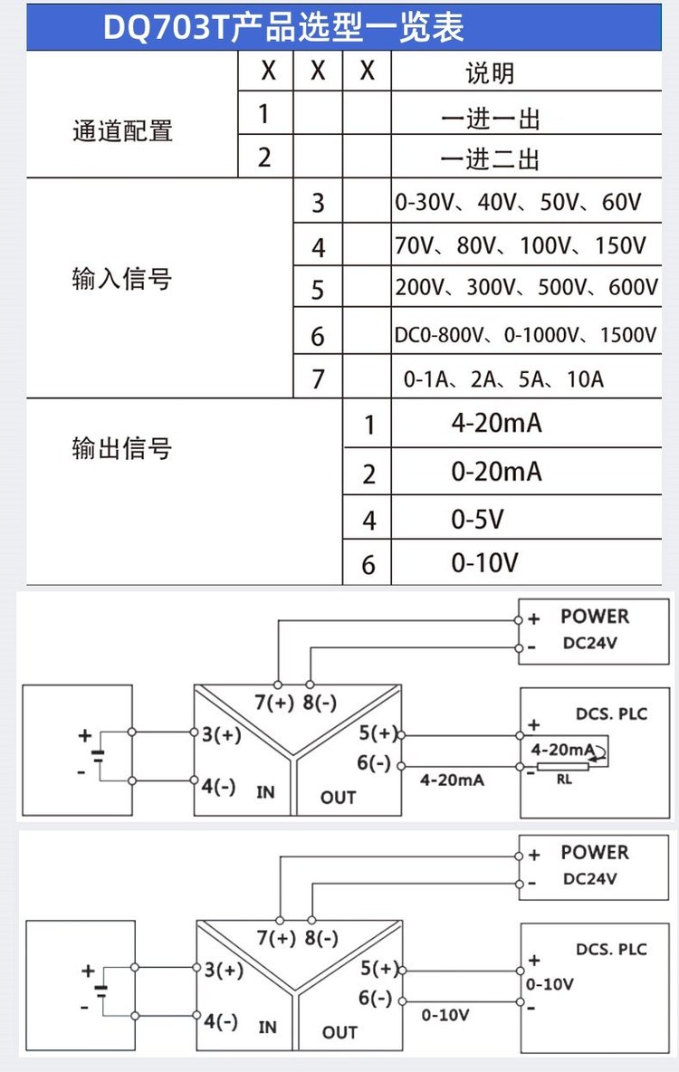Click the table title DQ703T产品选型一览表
[283, 28]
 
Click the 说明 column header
[490, 72]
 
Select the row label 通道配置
[122, 130]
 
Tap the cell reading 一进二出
[491, 158]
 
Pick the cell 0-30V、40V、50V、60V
[519, 203]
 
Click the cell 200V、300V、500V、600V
[527, 287]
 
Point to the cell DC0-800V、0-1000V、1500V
[525, 335]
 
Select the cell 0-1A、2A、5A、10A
[503, 378]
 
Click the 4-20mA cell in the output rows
[496, 423]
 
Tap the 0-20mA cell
[496, 472]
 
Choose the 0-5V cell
[477, 520]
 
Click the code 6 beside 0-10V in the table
[368, 565]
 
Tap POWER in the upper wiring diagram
[595, 616]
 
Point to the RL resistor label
[564, 780]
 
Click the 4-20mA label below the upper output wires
[452, 780]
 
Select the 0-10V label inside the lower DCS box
[550, 984]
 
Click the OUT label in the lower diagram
[339, 1032]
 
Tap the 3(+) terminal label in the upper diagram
[222, 734]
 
